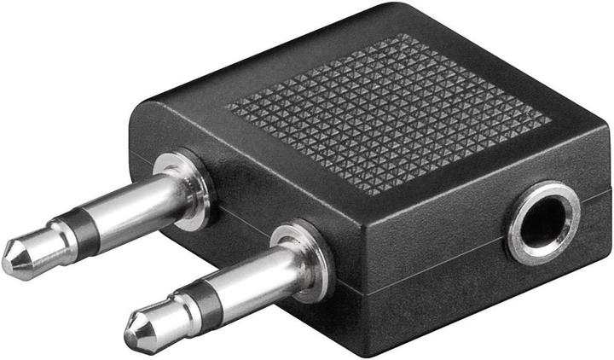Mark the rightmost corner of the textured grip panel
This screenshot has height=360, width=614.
[551, 119]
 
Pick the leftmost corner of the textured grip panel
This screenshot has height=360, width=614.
[227, 107]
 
